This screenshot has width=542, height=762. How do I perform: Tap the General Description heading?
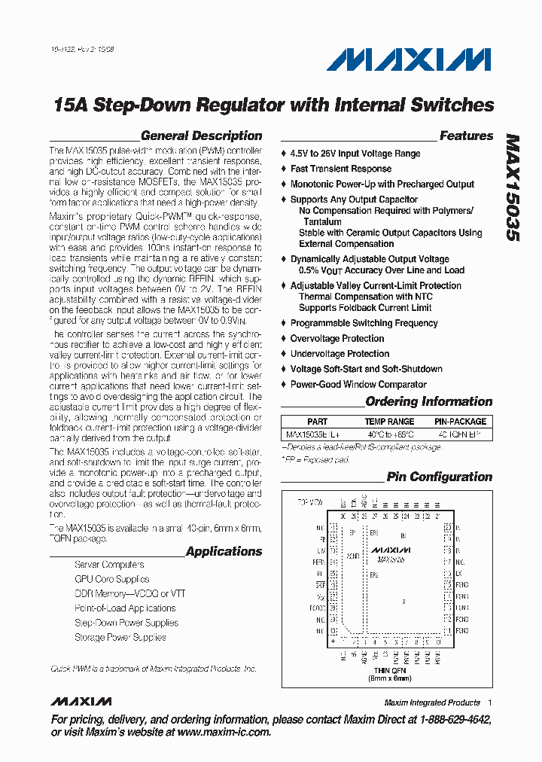(x=201, y=136)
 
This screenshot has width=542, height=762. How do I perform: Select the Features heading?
(x=466, y=136)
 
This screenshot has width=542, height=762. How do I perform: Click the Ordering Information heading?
(x=428, y=402)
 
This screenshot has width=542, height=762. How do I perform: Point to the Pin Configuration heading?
(x=439, y=477)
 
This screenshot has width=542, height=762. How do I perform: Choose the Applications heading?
(x=224, y=552)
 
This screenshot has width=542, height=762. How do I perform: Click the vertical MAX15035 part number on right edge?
(x=512, y=187)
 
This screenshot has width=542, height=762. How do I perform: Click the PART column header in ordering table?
(x=317, y=422)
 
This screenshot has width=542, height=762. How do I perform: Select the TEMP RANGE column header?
(x=389, y=422)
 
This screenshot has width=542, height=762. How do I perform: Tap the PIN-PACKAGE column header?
(x=461, y=422)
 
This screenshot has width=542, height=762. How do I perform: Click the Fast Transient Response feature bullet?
(x=341, y=169)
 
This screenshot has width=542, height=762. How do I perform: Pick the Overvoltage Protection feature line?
(x=337, y=339)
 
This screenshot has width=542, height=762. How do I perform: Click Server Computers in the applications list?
(x=109, y=565)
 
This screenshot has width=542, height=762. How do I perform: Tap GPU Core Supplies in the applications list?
(x=111, y=579)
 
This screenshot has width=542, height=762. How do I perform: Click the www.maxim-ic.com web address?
(x=224, y=732)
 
